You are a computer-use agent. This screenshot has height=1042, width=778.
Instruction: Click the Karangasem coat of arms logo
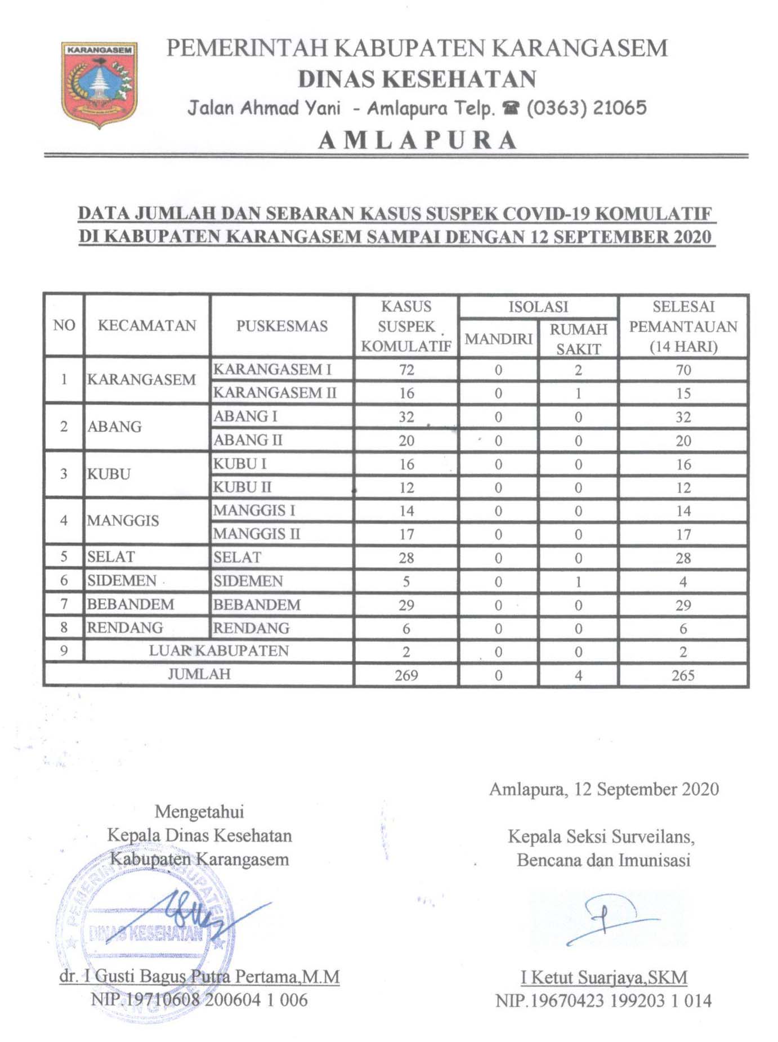click(99, 84)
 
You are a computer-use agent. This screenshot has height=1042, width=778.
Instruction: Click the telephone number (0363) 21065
click(587, 108)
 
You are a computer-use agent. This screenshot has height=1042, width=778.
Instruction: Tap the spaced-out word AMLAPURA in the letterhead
click(417, 140)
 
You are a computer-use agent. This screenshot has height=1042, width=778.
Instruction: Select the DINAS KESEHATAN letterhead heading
click(417, 79)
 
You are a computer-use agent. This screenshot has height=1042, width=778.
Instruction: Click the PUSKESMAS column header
click(281, 326)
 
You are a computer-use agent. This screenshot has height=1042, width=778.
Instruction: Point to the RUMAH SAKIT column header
click(578, 339)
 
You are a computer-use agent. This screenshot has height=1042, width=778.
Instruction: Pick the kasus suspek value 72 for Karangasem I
click(406, 370)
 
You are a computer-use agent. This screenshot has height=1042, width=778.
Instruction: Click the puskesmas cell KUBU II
click(242, 487)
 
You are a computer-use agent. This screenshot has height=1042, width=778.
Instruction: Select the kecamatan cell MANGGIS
click(123, 520)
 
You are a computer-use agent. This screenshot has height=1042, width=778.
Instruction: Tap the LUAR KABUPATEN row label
click(218, 651)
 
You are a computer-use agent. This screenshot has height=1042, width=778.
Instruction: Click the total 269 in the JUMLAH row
click(406, 675)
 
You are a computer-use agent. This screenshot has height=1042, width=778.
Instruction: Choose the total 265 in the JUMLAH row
click(683, 675)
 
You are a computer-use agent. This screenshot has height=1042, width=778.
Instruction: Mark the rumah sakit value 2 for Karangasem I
click(578, 370)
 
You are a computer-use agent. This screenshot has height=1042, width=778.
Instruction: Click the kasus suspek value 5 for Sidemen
click(406, 582)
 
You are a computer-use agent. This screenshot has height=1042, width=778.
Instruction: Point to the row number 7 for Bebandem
click(64, 605)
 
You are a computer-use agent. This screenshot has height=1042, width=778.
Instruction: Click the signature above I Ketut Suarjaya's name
click(608, 919)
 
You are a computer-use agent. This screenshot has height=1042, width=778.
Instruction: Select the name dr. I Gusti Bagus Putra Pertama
click(200, 976)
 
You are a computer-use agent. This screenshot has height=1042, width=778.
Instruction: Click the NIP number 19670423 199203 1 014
click(603, 1000)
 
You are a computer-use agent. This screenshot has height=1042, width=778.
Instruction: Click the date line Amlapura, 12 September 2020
click(603, 789)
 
